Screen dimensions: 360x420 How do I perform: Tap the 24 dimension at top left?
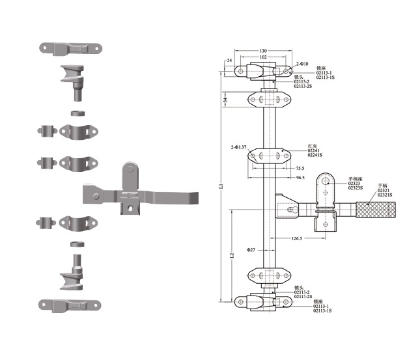(x=229, y=61)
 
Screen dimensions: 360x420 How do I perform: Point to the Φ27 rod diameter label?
(x=251, y=250)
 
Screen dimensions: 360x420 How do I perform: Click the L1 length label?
(x=221, y=186)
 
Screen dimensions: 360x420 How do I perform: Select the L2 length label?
(x=232, y=256)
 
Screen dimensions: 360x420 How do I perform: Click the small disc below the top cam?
(x=77, y=113)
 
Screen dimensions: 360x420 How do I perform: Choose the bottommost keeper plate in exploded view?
(x=72, y=304)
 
